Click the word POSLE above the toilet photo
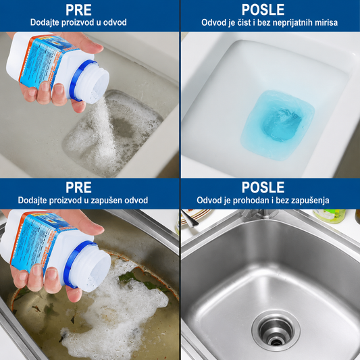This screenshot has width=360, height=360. click(x=263, y=10)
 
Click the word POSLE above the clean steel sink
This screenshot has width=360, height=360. click(x=263, y=187)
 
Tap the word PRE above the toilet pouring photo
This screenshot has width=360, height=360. click(x=78, y=10)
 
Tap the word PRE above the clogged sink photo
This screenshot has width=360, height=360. click(x=78, y=187)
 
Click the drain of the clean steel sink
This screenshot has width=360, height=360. click(x=276, y=330)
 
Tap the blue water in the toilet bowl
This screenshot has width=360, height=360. click(x=278, y=125)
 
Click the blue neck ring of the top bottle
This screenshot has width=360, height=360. click(x=79, y=78)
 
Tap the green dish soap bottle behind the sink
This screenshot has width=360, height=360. click(x=330, y=216)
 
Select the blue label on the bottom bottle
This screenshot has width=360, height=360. click(x=39, y=241)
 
